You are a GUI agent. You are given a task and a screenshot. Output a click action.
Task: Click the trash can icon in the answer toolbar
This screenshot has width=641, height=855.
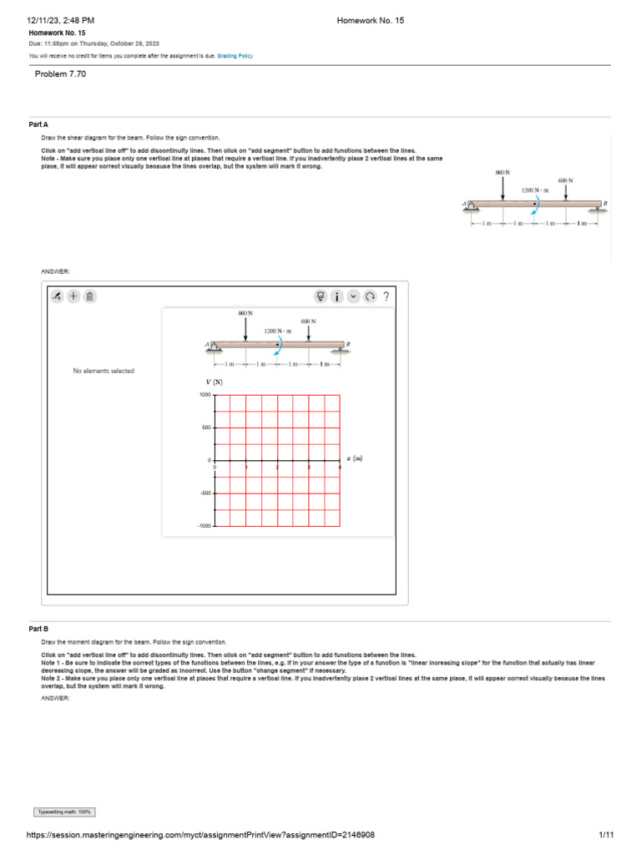tap(90, 296)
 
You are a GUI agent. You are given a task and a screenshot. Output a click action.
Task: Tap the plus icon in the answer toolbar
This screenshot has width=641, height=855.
tap(73, 296)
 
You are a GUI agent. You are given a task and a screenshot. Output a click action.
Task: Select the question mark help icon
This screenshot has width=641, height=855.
tap(386, 296)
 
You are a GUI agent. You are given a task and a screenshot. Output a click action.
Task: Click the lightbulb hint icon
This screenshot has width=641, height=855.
tap(320, 296)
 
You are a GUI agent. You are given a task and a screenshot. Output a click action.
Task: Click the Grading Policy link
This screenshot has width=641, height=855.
tap(235, 56)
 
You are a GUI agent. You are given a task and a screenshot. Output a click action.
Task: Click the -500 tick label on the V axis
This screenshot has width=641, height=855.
tap(204, 493)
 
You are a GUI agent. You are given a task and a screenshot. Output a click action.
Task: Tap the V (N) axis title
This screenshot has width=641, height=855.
tap(215, 382)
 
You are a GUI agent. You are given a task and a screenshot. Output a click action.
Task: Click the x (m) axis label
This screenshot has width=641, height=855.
tap(355, 458)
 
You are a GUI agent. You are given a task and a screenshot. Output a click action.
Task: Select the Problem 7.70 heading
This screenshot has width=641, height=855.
tap(60, 74)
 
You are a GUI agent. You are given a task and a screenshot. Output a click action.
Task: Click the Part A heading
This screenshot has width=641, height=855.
tap(38, 124)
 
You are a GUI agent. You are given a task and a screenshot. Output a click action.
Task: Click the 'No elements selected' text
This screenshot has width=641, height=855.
tap(103, 371)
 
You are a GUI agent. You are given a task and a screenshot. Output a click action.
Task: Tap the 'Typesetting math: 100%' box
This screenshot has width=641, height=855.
tap(64, 812)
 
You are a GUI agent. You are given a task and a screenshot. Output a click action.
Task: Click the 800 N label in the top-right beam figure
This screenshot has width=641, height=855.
tap(502, 172)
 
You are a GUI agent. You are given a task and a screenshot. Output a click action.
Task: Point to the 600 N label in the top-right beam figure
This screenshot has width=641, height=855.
tap(566, 180)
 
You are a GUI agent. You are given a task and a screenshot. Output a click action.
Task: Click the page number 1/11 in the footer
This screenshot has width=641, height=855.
tap(606, 835)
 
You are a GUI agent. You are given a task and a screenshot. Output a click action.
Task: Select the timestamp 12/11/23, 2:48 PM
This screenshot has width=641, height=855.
tap(61, 19)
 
